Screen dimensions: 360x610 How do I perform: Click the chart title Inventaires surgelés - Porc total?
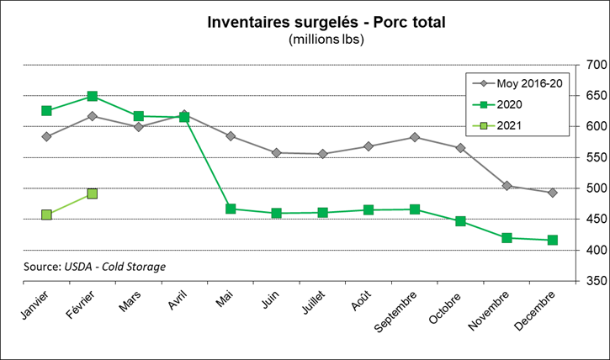tap(326, 21)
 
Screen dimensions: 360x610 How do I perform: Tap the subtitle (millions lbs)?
tap(326, 39)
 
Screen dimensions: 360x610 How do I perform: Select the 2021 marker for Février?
tap(93, 193)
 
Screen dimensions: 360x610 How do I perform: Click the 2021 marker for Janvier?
tap(46, 214)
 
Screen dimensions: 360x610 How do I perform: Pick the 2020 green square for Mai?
tap(231, 209)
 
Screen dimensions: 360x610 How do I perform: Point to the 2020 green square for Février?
tap(93, 97)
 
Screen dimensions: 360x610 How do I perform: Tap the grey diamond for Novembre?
tap(507, 186)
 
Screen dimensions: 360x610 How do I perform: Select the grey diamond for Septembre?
tap(415, 137)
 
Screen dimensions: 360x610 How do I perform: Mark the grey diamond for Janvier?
tap(46, 136)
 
